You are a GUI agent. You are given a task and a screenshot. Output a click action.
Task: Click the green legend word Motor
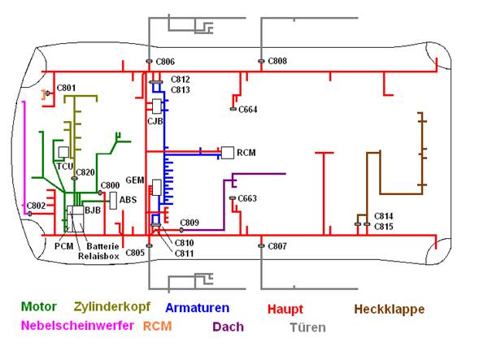38,308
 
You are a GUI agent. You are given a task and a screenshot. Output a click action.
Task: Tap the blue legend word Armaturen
197,308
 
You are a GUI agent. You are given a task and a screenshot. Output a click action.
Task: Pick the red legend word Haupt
285,309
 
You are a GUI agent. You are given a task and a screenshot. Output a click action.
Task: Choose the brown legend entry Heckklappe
389,309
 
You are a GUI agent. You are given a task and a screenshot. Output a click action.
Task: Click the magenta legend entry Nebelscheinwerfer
77,327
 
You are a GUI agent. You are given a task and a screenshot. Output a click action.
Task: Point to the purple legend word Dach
228,327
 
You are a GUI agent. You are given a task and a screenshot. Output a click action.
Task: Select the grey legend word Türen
307,327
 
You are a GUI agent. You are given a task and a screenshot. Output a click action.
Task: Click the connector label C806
165,62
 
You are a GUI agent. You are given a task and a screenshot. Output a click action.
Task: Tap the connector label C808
277,62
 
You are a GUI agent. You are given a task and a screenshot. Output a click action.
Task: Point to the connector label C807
277,245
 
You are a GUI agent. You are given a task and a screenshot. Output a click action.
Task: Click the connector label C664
248,109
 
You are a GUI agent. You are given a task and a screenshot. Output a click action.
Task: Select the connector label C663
247,198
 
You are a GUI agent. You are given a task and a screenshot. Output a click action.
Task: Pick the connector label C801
66,88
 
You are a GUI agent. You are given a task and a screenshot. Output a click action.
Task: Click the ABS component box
114,200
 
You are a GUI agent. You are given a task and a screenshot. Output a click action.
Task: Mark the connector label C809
189,222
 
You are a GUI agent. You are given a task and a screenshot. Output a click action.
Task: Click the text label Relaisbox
98,255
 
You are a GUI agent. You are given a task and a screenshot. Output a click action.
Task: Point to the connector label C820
86,172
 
